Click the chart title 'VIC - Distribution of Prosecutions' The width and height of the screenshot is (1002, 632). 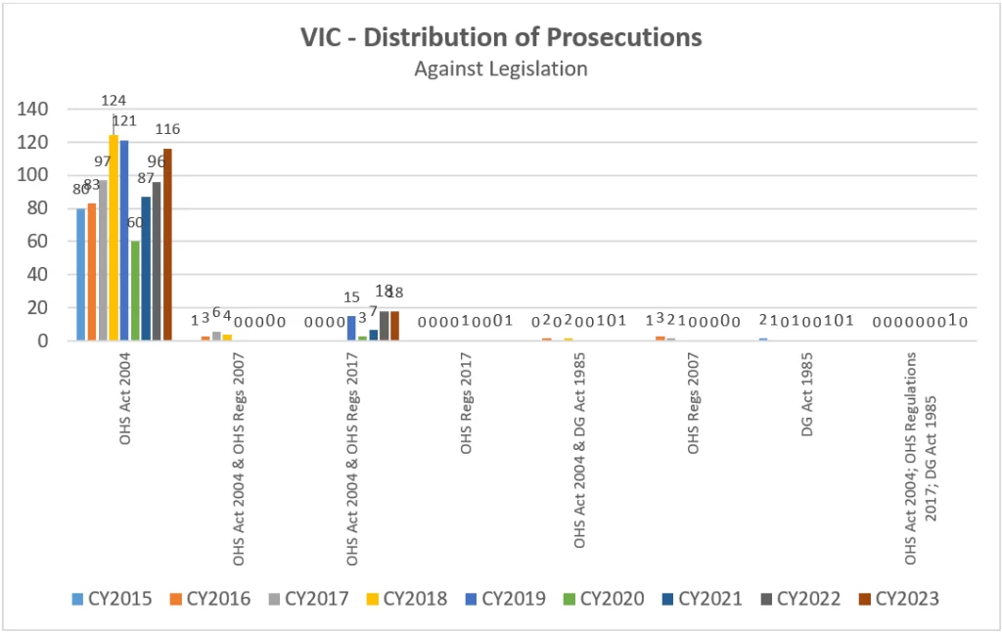500,38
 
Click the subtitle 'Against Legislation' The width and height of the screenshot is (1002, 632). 500,68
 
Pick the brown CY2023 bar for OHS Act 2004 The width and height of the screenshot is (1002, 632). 167,245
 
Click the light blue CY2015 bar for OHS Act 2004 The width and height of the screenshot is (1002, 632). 81,274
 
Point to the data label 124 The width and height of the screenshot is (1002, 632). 113,101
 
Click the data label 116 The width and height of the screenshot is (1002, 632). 167,129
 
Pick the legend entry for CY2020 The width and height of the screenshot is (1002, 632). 613,599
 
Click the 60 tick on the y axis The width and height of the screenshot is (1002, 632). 38,242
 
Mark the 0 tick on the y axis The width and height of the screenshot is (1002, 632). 43,341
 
